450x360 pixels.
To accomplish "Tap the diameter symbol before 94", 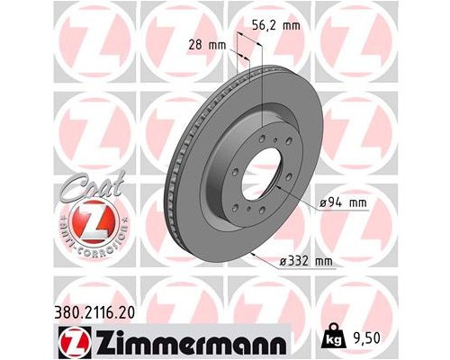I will (326, 204).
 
